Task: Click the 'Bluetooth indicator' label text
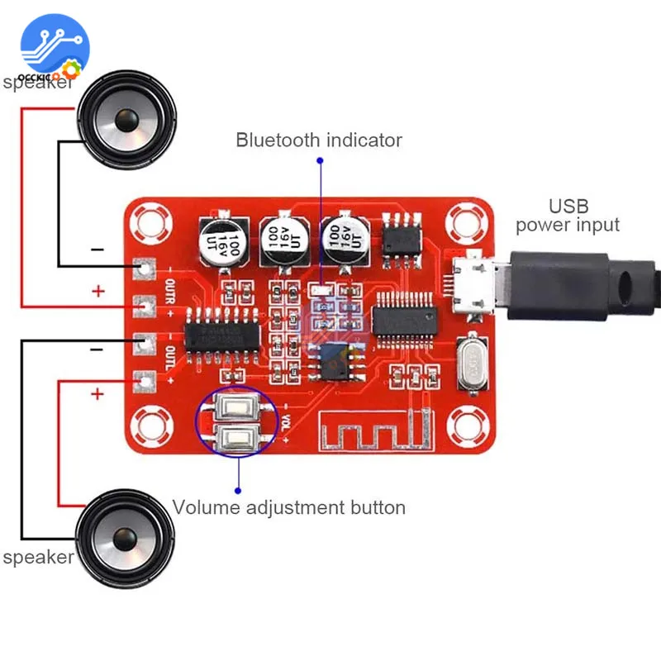click(319, 140)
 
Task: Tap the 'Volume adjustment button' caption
click(288, 506)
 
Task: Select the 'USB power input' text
click(567, 215)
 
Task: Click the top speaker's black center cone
click(126, 121)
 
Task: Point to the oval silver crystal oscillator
click(471, 363)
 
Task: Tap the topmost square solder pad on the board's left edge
click(145, 268)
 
